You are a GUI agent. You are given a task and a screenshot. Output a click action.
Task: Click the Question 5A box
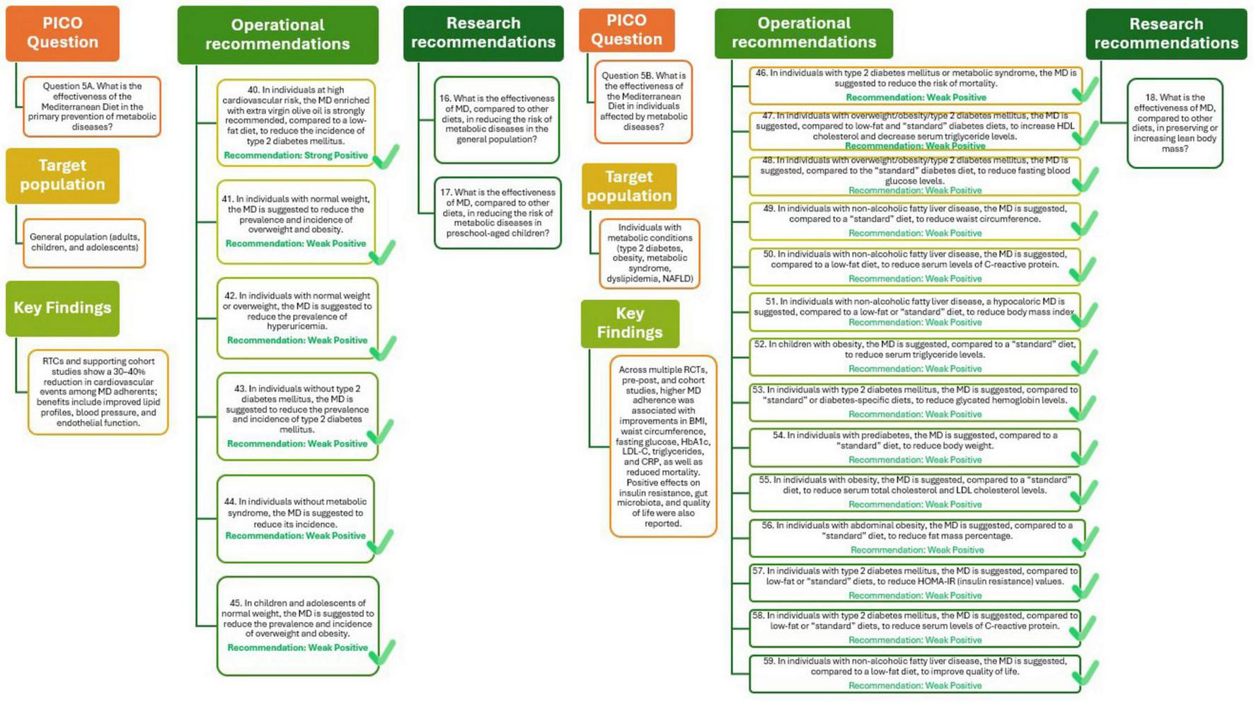pos(92,106)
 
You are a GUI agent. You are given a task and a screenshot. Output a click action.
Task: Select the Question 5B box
pos(643,101)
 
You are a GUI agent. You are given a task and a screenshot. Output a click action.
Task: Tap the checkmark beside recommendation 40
pos(386,157)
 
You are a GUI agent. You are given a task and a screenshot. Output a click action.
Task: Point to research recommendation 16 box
pos(497,119)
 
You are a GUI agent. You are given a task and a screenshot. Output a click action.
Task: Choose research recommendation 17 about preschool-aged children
pos(497,212)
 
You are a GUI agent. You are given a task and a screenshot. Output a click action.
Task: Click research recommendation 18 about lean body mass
pos(1175,123)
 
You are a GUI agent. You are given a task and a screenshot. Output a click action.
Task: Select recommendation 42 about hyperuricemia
pos(297,318)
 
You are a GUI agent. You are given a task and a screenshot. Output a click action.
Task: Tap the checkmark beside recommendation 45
pos(383,652)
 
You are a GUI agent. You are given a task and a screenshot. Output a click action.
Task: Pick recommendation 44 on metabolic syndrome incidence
pos(296,518)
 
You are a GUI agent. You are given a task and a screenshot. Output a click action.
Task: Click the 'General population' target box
pos(84,242)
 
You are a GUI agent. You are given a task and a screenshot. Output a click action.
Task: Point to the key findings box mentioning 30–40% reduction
pos(98,391)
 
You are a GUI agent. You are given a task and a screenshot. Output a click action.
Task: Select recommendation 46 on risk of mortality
pos(915,84)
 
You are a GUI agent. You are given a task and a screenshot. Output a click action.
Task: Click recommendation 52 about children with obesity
pos(915,356)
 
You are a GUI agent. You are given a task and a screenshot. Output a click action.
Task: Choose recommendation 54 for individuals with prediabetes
pos(915,447)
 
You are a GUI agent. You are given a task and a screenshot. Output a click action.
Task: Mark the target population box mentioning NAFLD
pos(649,253)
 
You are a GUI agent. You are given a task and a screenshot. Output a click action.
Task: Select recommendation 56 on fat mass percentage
pos(915,537)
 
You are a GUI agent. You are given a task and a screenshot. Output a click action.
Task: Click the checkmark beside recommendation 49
pos(1085,224)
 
